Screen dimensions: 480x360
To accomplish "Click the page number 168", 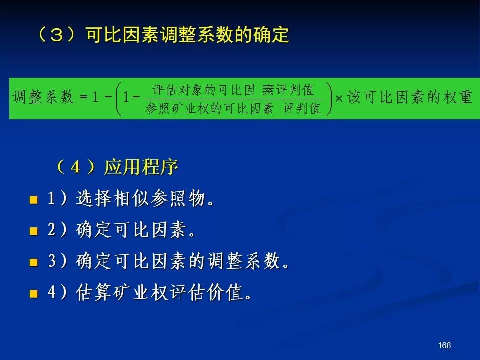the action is (x=444, y=345).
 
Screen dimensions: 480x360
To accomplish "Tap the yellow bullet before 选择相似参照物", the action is (x=33, y=200).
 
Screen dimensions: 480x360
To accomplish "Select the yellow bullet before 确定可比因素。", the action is (x=33, y=231).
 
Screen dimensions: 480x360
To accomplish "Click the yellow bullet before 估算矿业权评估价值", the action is (x=33, y=294).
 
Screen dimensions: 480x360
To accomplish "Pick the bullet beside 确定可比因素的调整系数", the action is (x=33, y=262).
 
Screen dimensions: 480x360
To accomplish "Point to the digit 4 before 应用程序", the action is (x=75, y=167).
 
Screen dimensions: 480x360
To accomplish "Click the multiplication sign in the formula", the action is (x=339, y=98).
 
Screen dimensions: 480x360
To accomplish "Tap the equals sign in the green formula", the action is (x=83, y=97).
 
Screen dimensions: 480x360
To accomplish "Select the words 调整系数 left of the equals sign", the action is (x=43, y=97).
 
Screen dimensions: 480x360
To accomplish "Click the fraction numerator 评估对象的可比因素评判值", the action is (x=233, y=90).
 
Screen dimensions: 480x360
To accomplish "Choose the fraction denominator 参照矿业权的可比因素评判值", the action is (x=233, y=108).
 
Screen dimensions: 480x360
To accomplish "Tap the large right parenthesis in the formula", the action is (x=329, y=99).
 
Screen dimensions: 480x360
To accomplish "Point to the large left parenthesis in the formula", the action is (x=119, y=99).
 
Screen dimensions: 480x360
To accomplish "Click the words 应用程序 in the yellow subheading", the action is (x=141, y=167).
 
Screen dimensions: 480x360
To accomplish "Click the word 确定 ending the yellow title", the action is (x=271, y=35).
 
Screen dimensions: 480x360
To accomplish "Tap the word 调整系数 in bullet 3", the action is (x=244, y=261).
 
